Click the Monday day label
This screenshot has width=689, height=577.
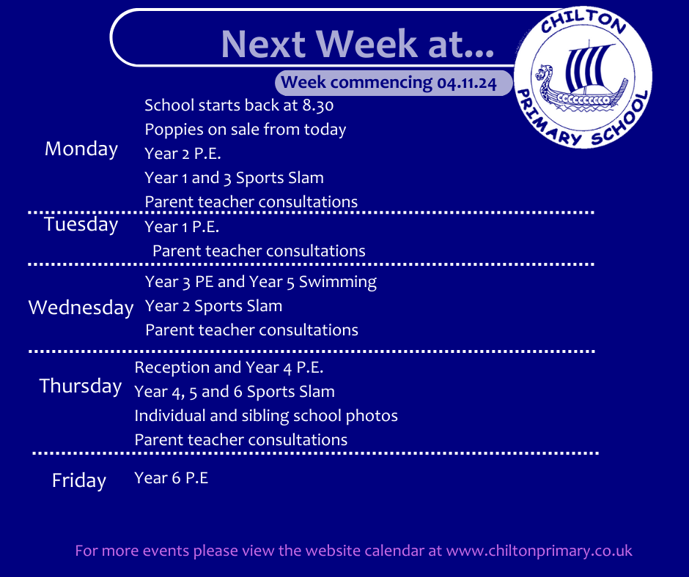(x=81, y=149)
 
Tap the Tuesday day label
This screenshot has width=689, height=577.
(x=81, y=224)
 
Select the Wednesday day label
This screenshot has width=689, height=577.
(x=81, y=308)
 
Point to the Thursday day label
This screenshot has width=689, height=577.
(x=81, y=387)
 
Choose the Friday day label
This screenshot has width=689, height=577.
(x=79, y=480)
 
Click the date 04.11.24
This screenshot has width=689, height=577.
(x=467, y=83)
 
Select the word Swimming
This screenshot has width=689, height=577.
(x=337, y=282)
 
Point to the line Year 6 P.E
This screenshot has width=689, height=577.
(x=172, y=477)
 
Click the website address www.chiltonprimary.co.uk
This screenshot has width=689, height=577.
(x=539, y=551)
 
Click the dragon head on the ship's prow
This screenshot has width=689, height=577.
(x=544, y=75)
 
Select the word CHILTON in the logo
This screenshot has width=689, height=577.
(x=583, y=22)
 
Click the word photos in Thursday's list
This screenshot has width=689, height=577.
(x=372, y=417)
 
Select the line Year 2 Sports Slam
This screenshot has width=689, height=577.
(x=213, y=306)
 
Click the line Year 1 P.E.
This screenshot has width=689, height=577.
(x=182, y=226)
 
